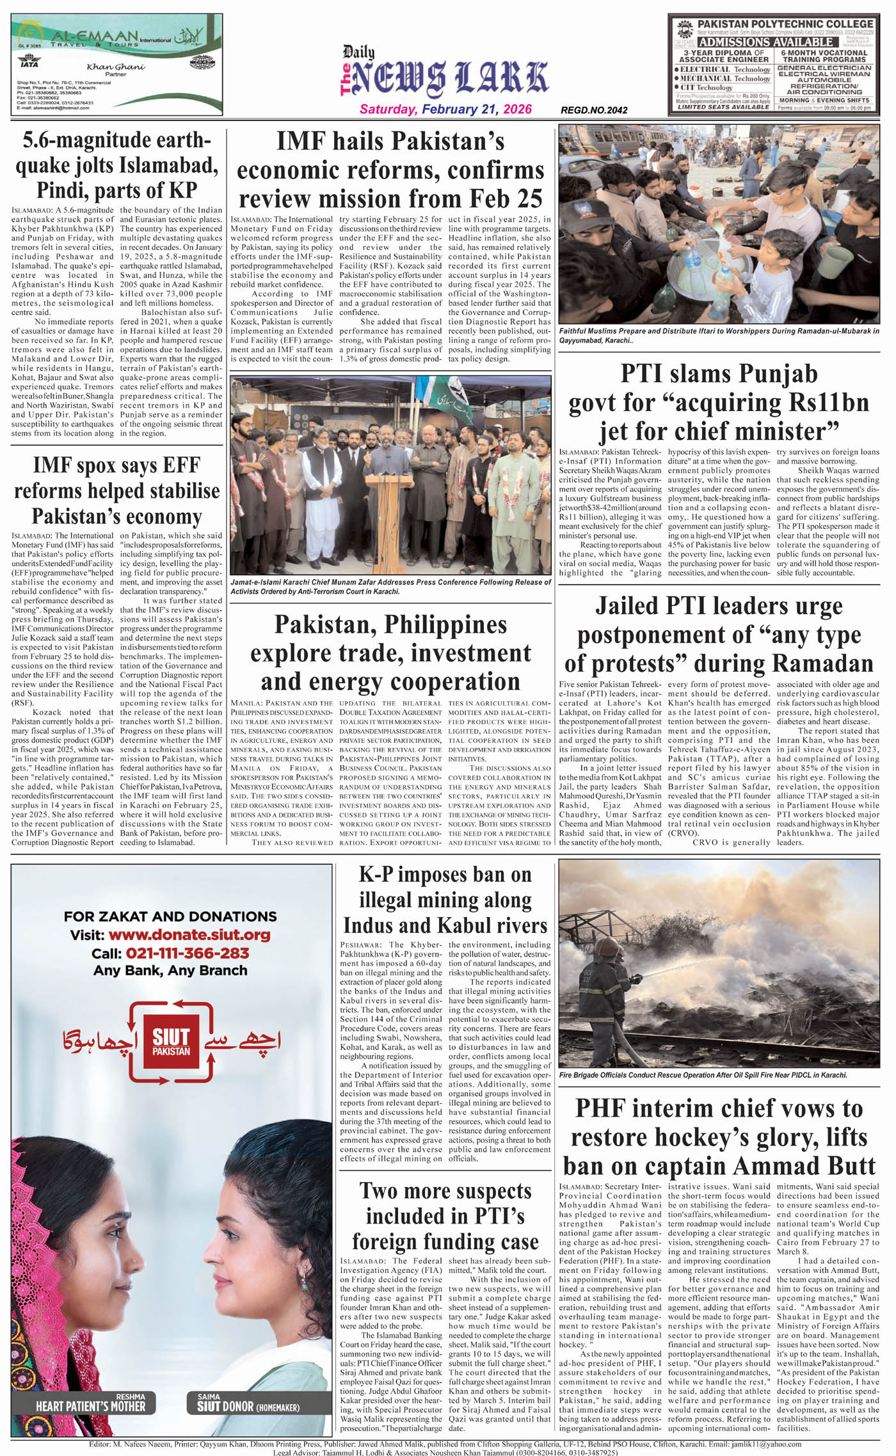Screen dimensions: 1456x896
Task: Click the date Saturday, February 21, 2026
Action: tap(445, 109)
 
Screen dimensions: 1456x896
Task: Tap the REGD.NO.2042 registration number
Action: tap(594, 110)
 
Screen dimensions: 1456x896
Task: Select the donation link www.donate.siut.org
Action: tap(189, 935)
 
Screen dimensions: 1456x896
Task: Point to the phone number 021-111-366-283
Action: tap(188, 953)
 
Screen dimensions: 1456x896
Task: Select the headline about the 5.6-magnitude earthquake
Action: tap(116, 165)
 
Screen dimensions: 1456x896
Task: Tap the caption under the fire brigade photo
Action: tap(703, 1075)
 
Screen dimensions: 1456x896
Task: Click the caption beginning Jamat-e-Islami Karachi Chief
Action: tap(390, 586)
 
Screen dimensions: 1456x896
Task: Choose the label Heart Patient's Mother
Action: tap(90, 1406)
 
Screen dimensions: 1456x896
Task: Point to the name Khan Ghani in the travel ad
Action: tap(116, 67)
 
